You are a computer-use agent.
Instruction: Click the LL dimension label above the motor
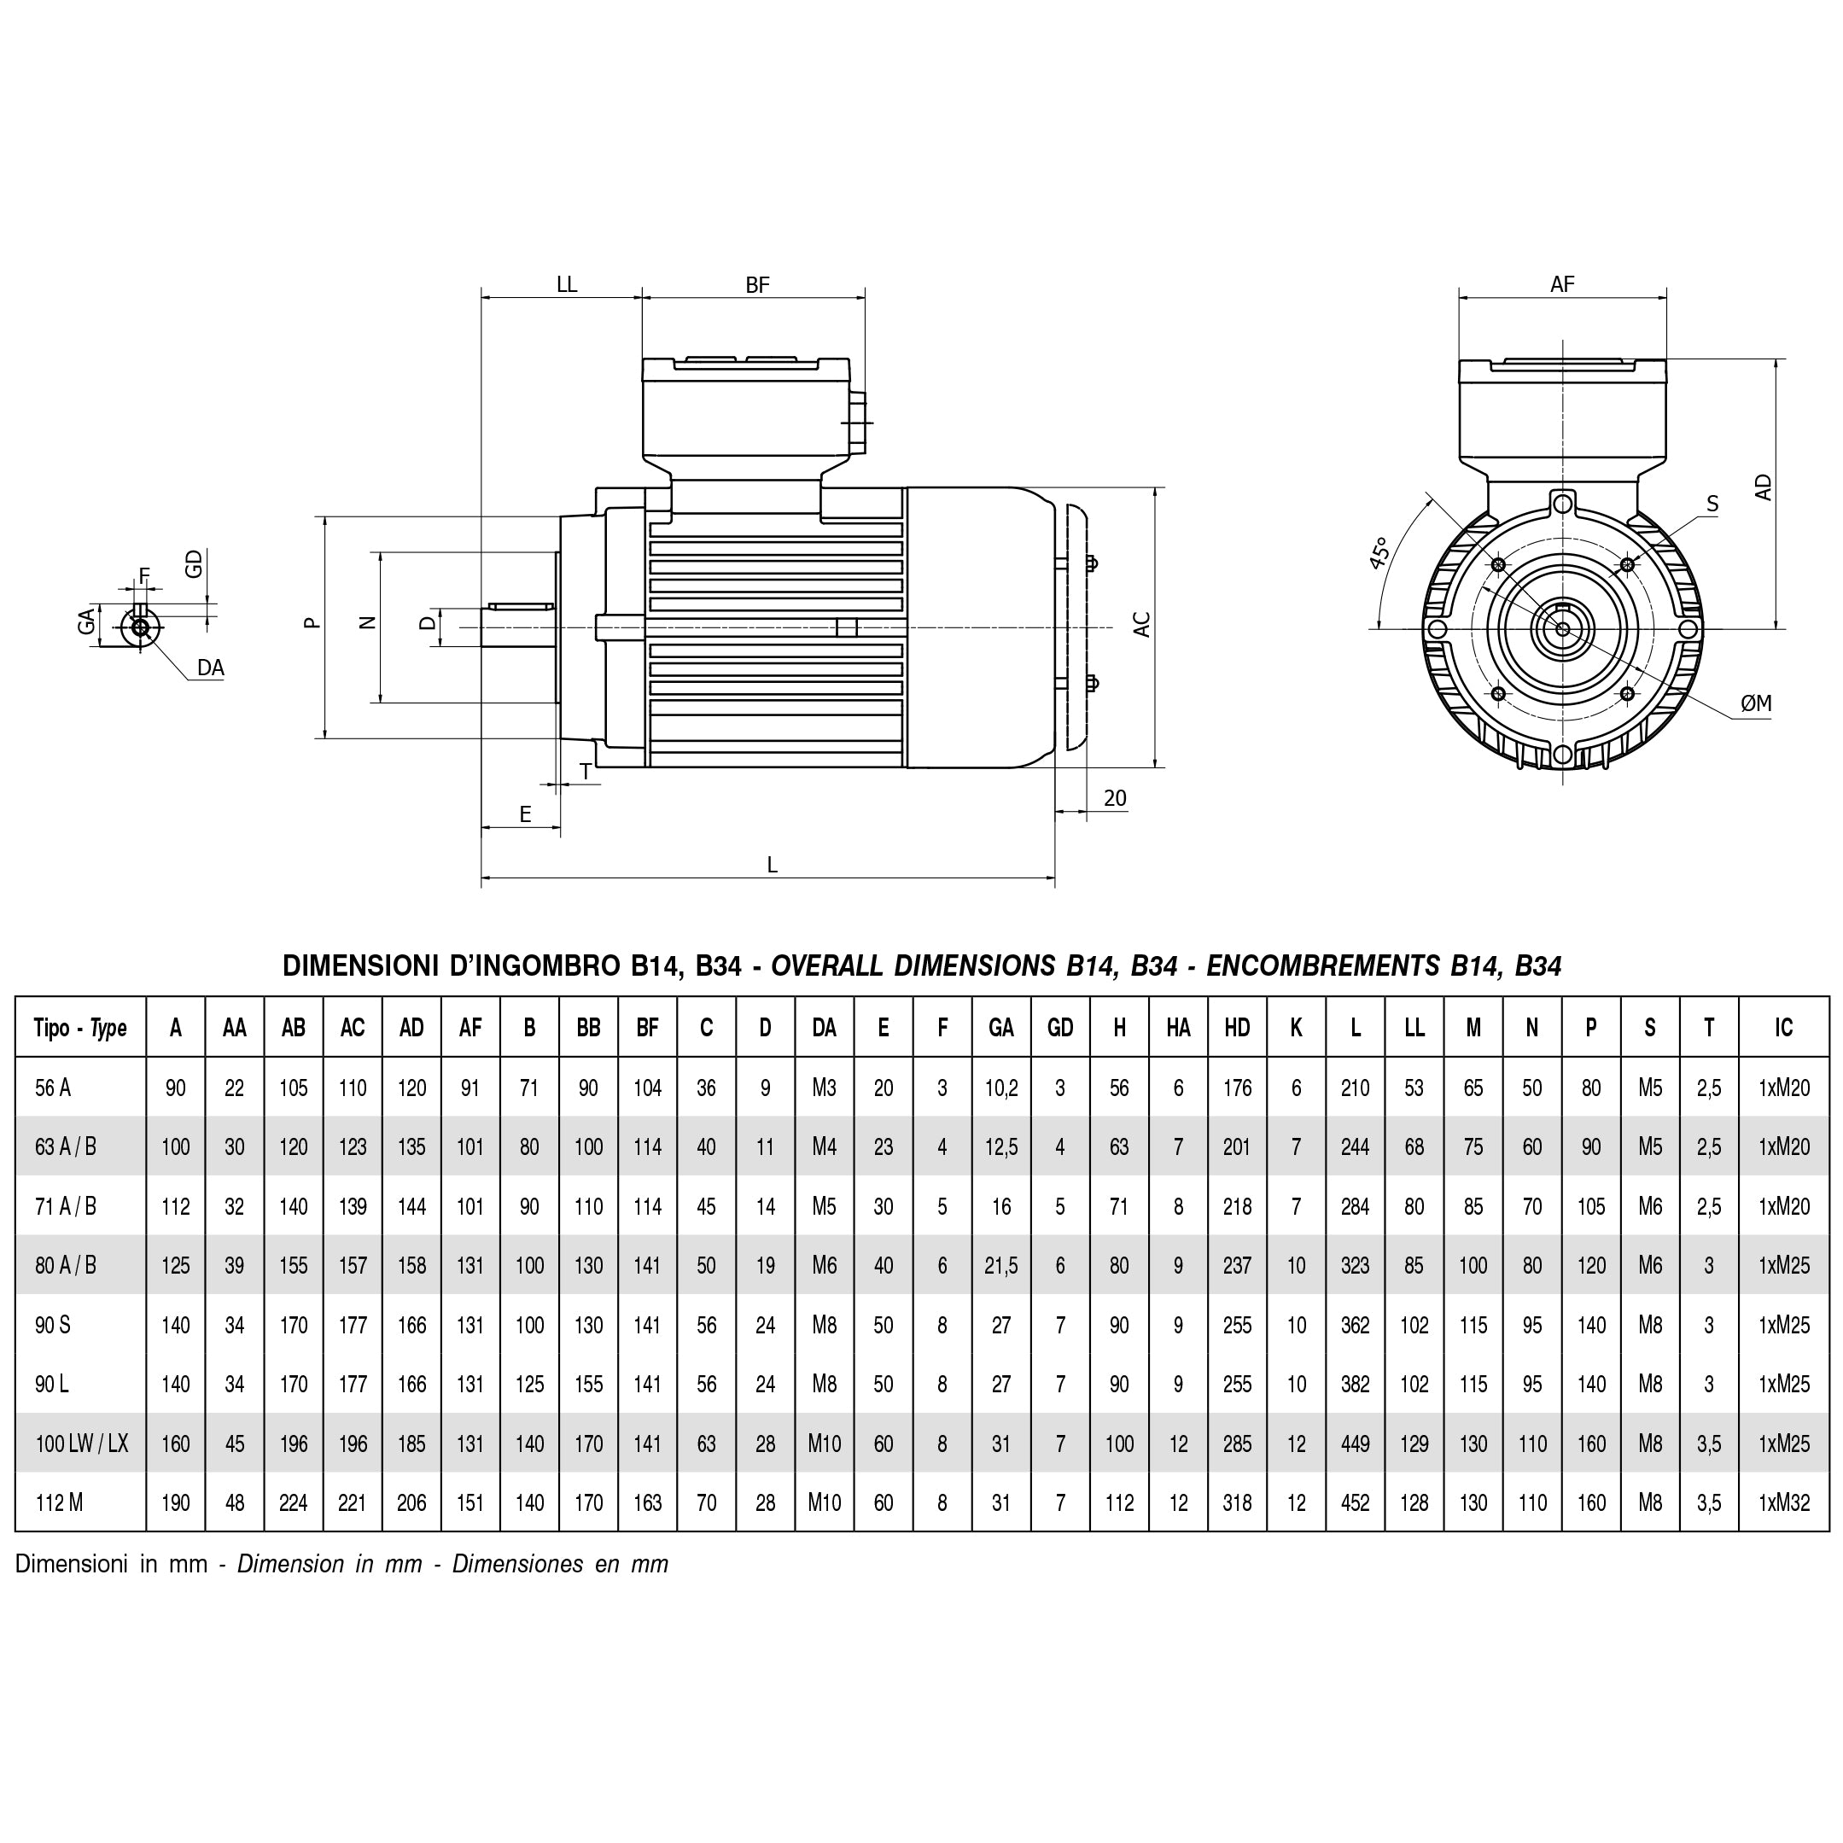pos(567,284)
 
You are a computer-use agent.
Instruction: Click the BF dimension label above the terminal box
pos(756,284)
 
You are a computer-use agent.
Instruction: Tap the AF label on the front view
pos(1561,283)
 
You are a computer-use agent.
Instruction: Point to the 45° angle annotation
pos(1379,553)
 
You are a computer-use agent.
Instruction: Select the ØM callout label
pos(1755,703)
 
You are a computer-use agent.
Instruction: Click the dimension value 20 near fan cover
pos(1114,798)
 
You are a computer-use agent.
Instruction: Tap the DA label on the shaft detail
pos(210,668)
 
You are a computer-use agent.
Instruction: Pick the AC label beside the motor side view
pos(1142,624)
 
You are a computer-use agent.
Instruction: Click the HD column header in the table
pos(1236,1028)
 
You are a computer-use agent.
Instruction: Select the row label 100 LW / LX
pos(81,1443)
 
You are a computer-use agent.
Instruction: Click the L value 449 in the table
pos(1355,1443)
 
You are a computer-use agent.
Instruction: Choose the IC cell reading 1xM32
pos(1783,1502)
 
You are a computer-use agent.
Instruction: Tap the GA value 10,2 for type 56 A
pos(1000,1088)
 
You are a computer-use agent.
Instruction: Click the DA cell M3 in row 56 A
pos(825,1088)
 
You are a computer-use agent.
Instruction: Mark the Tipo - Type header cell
pos(80,1028)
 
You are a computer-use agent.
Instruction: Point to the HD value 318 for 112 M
pos(1236,1502)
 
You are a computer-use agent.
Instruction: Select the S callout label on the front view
pos(1712,504)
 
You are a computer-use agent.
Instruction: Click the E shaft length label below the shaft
pos(525,814)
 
